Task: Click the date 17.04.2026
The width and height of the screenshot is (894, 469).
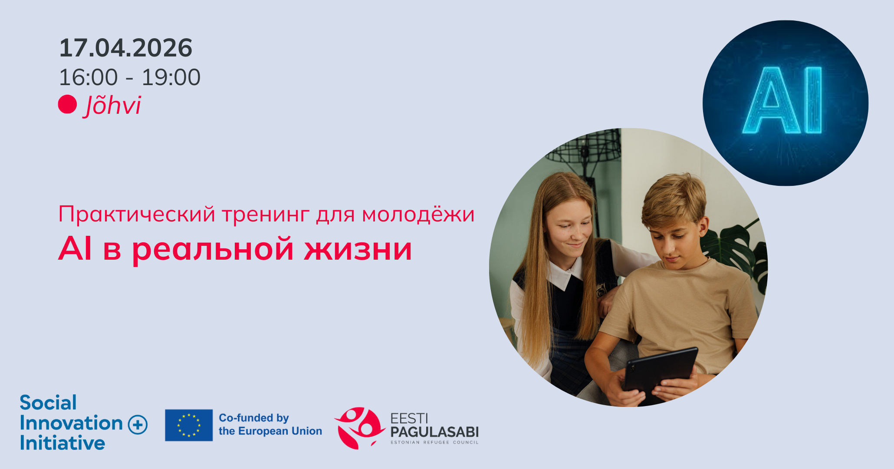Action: pos(125,48)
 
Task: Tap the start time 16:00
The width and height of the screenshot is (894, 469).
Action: pos(89,78)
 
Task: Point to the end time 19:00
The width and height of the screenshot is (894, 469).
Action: pos(171,78)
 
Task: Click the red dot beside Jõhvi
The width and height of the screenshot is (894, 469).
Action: pos(67,104)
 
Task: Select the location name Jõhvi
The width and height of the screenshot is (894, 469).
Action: pos(113,106)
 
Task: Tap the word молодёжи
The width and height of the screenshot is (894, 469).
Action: pos(418,215)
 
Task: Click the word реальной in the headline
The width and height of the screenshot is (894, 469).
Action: pos(213,250)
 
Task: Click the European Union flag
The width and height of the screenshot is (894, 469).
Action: pos(189,425)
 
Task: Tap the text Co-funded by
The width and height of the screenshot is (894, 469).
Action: pos(254,418)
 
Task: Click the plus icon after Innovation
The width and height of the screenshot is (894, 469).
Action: pos(138,424)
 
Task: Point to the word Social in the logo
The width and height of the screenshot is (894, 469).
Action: pos(48,403)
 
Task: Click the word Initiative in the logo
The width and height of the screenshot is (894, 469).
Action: pos(62,443)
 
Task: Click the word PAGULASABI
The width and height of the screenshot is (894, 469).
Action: pos(434,432)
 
